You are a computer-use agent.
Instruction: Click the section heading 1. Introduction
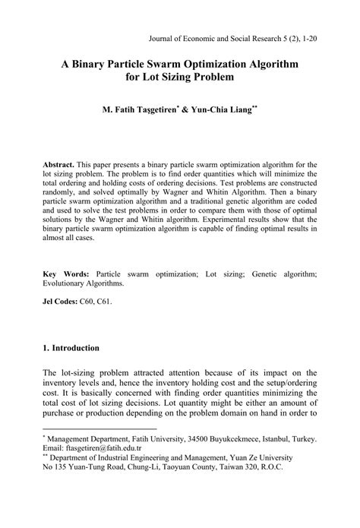tap(71, 349)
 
